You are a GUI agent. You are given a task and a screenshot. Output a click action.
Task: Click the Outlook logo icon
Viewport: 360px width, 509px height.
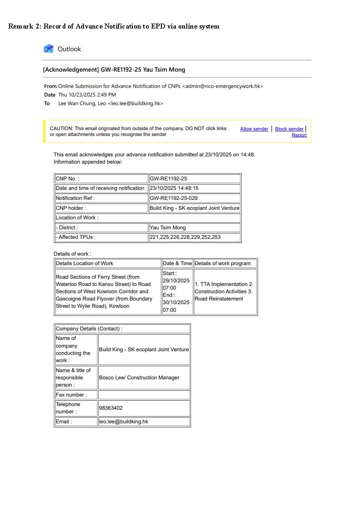[49, 48]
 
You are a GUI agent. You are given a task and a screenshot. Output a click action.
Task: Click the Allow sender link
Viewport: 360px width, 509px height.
[254, 129]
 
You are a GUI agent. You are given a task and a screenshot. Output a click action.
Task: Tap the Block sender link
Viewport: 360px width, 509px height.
[289, 129]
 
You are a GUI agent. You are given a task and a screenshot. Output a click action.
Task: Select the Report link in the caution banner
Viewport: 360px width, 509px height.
[299, 135]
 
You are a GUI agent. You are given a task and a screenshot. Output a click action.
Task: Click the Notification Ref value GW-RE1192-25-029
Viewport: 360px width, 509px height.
[174, 198]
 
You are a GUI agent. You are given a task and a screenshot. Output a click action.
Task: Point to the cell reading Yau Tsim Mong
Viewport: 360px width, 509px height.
[168, 228]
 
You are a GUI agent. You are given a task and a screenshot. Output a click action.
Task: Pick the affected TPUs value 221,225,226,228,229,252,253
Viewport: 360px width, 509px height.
[185, 237]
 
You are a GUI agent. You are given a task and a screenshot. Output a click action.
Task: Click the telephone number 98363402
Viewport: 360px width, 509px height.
[111, 408]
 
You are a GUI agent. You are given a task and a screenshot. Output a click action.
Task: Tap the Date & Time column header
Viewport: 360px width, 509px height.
[177, 263]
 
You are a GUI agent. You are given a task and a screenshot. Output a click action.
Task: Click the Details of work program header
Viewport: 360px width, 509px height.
[223, 263]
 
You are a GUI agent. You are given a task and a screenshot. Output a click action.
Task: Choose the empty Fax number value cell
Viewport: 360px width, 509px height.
[144, 395]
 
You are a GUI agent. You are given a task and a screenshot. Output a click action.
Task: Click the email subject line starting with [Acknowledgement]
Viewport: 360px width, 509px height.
[114, 70]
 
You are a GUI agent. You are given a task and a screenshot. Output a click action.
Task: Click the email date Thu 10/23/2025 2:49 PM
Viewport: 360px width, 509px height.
[87, 95]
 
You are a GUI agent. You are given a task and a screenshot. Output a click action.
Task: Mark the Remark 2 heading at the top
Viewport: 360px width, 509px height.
[114, 26]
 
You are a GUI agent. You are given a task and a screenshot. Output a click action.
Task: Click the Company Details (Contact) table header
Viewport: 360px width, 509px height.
[89, 329]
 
